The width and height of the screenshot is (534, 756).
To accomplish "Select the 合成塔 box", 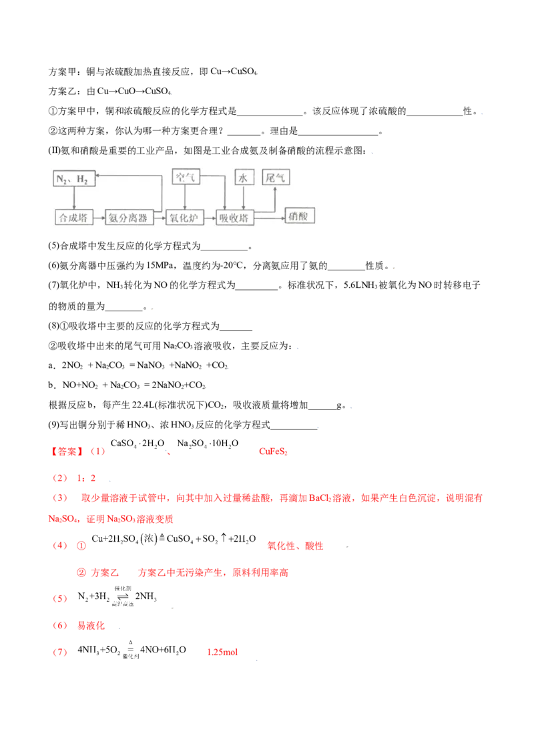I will click(x=74, y=217).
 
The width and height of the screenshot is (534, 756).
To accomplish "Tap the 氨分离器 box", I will click(x=129, y=217).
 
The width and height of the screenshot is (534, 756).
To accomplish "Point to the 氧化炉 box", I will click(x=184, y=217).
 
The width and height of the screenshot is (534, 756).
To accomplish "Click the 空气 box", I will click(x=186, y=177).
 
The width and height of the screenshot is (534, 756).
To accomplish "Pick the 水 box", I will click(x=243, y=177).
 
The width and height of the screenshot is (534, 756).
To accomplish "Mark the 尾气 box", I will click(x=276, y=177).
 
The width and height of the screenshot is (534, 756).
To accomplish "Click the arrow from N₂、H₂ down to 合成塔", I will click(x=74, y=198).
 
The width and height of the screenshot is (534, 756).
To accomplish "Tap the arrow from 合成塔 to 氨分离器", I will click(x=99, y=217).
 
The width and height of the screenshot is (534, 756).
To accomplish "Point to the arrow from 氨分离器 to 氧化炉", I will click(x=160, y=217).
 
